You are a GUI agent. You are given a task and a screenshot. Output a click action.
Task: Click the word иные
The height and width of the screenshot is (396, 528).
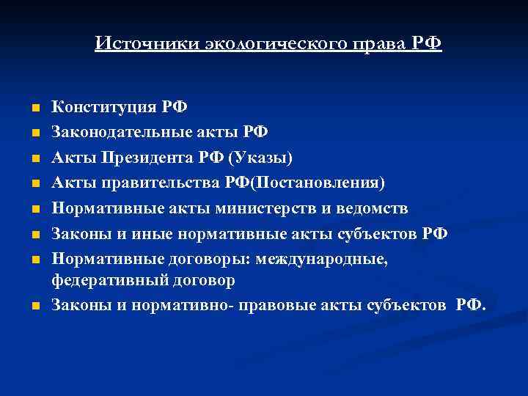(141, 234)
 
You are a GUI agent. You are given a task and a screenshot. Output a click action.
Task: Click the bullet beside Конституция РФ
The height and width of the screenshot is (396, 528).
(34, 108)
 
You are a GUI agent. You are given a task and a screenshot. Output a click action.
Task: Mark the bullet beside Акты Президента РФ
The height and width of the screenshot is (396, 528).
(34, 158)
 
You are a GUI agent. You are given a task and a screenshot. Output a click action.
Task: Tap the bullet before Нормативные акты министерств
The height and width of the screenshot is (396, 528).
(34, 209)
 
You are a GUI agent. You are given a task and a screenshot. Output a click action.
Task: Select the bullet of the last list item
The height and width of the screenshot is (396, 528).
(34, 305)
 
